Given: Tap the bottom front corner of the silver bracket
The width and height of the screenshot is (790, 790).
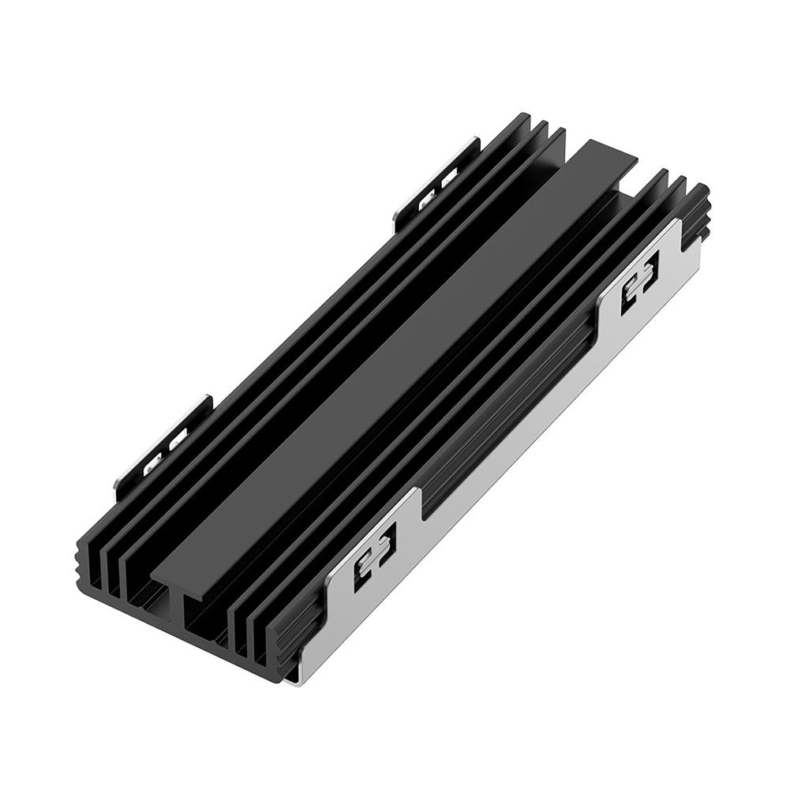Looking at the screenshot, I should coord(294,677).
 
